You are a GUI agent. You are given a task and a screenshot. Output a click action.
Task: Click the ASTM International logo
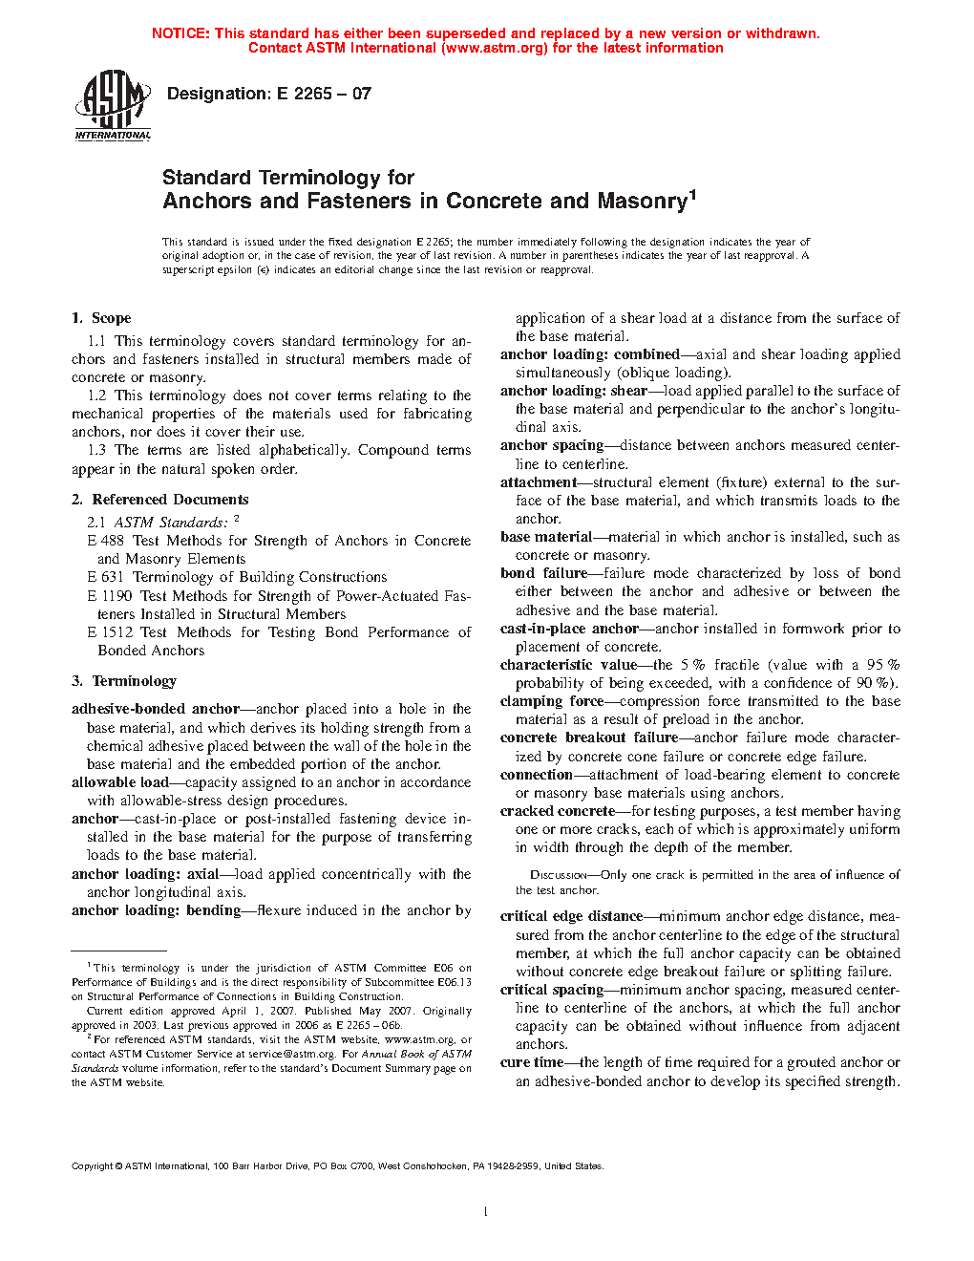(113, 106)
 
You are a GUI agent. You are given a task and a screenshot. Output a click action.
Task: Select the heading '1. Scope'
(101, 318)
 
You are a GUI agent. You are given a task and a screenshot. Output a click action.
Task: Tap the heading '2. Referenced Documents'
(159, 500)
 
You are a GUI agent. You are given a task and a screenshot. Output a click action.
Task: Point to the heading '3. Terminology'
(124, 681)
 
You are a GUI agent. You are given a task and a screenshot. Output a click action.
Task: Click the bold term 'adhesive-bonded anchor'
(156, 709)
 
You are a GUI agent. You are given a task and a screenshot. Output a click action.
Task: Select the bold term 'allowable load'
(120, 782)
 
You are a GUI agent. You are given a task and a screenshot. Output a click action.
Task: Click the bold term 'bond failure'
(544, 573)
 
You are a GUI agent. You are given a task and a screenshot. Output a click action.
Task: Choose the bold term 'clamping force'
(552, 701)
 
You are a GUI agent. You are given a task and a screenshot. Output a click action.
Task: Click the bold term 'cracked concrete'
(558, 811)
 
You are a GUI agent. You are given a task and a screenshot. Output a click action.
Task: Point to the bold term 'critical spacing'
(552, 990)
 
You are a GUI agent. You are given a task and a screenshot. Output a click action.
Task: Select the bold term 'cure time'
(532, 1062)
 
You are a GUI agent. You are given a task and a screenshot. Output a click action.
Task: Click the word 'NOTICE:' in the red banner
(180, 33)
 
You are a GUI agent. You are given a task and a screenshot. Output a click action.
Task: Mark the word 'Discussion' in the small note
(558, 875)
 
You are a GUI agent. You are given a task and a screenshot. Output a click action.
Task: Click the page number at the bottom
(486, 1212)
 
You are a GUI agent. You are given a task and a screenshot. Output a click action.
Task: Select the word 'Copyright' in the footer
(93, 1166)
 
